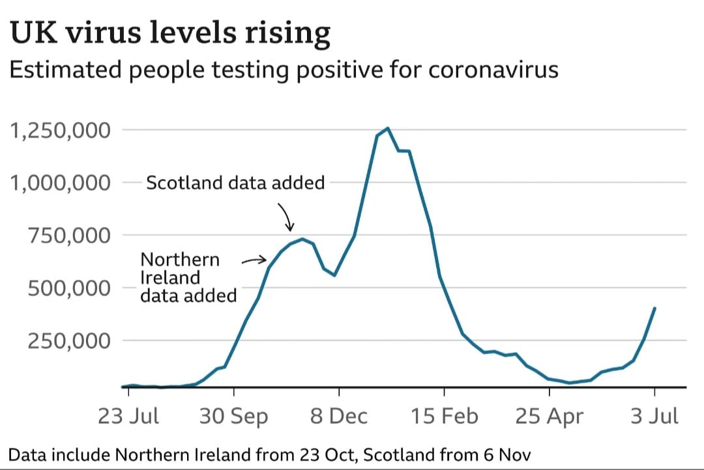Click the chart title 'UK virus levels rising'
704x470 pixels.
point(170,33)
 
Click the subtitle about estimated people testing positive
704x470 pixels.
point(284,69)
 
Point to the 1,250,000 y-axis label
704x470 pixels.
point(60,130)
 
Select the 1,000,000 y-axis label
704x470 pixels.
point(60,183)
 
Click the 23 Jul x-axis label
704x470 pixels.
point(128,416)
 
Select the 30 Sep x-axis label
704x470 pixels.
point(233,416)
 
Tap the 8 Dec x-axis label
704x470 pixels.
point(338,416)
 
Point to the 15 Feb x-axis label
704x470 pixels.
point(444,416)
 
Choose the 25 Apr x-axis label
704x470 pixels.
point(549,416)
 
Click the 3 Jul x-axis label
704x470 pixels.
point(654,416)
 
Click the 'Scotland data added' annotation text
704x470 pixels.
point(235,183)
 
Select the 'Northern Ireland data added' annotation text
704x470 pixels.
point(188,278)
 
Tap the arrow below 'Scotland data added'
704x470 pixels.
point(286,217)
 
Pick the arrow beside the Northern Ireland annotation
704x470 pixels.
point(254,261)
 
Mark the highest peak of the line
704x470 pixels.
point(388,128)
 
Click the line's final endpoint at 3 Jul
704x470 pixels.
point(654,309)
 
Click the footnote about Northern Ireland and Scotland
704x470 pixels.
point(270,454)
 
